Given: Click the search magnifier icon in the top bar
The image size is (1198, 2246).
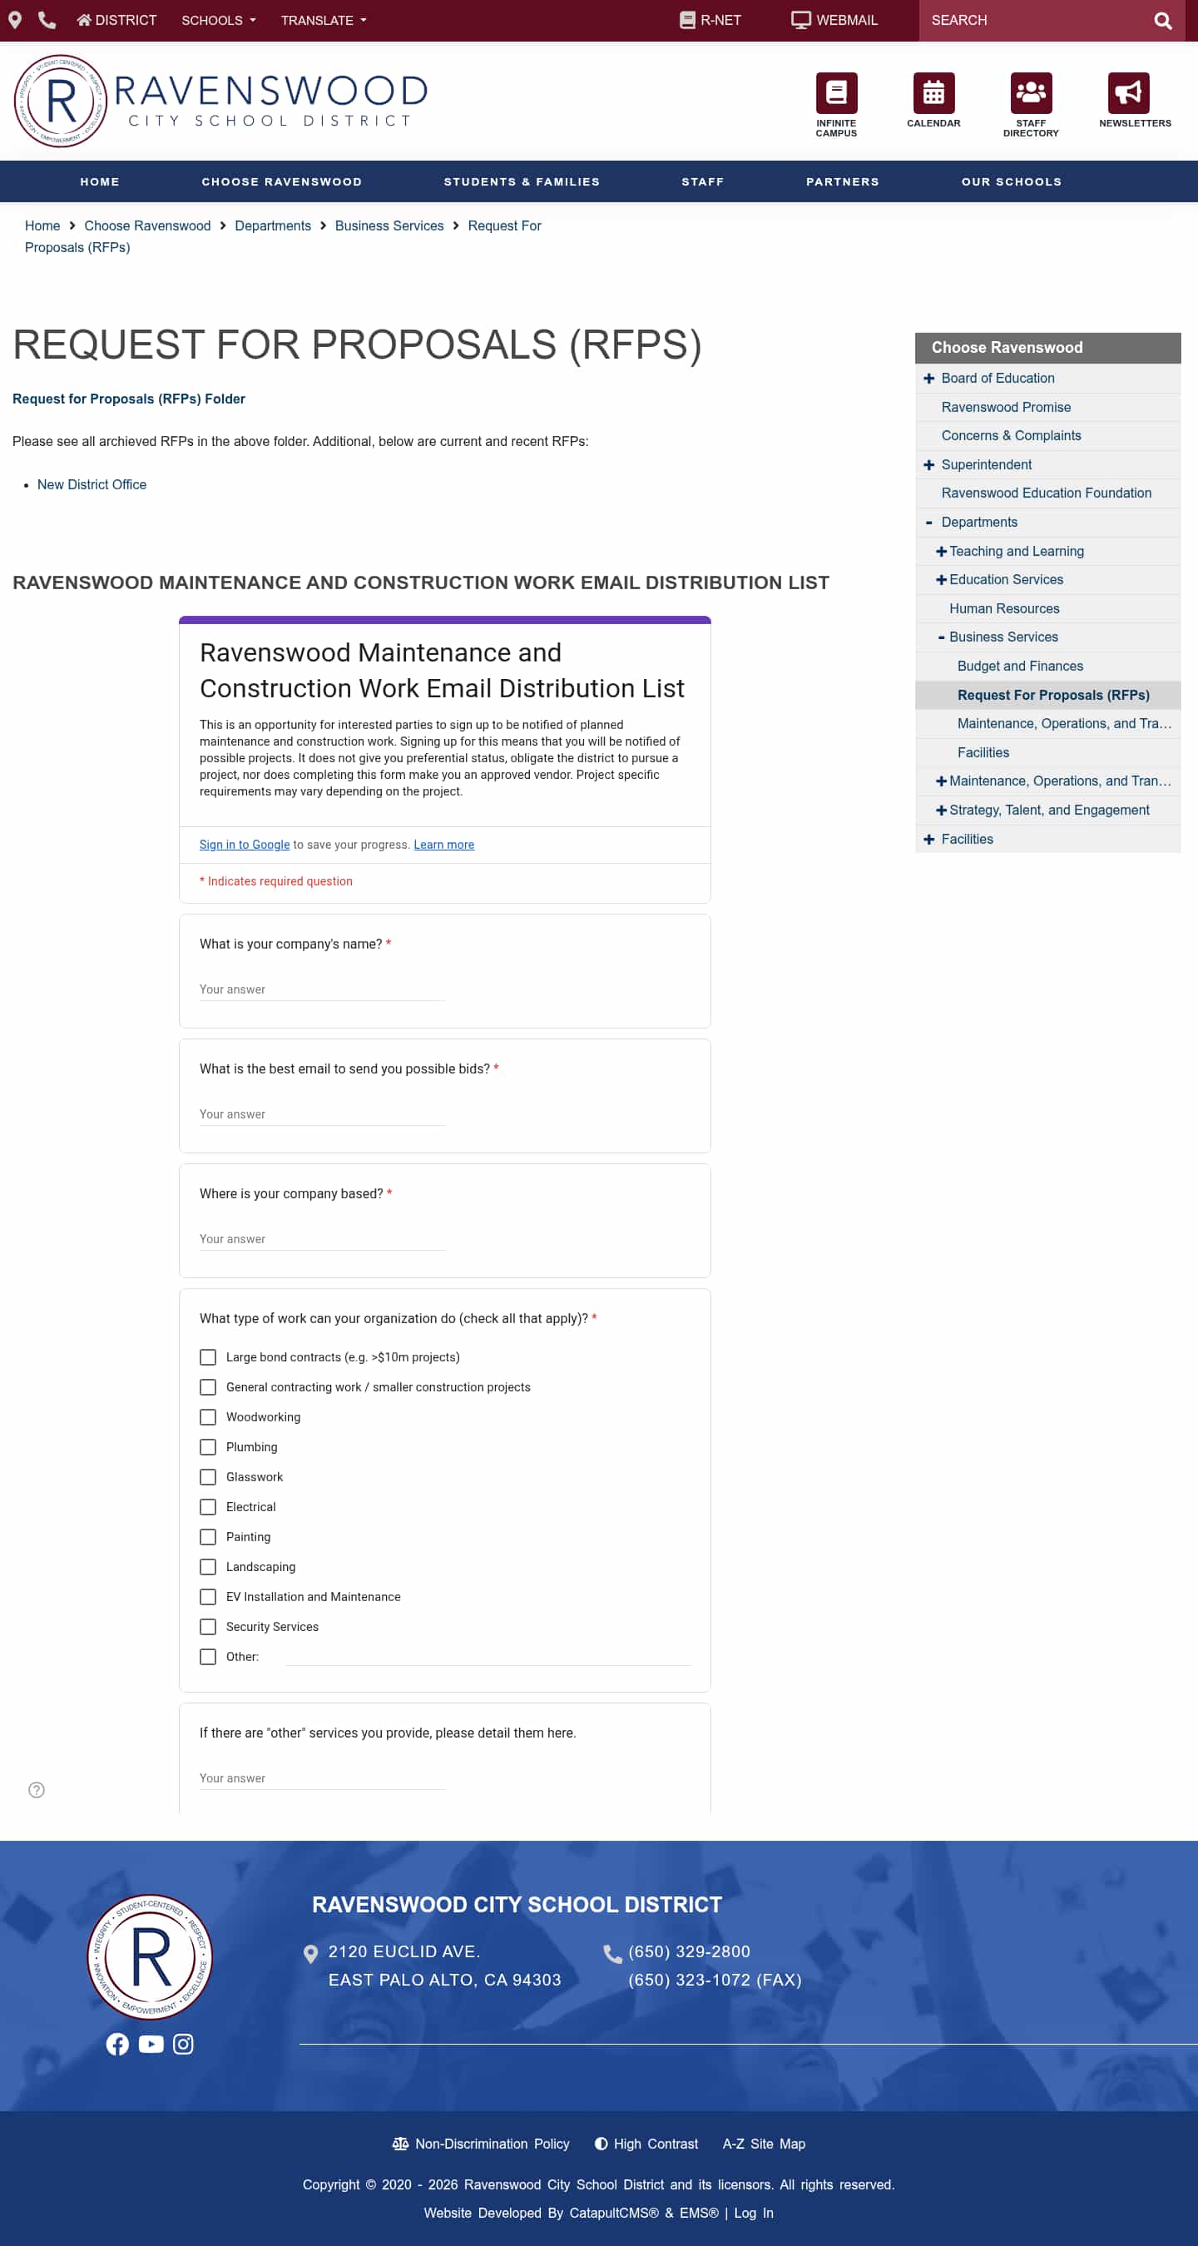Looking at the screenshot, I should tap(1162, 21).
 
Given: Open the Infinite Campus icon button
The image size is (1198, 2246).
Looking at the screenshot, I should tap(836, 93).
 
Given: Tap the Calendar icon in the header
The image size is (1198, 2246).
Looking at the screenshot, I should tap(933, 93).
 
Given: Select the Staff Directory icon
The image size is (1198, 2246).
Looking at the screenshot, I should tap(1031, 93).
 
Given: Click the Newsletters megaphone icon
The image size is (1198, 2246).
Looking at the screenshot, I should tap(1127, 93).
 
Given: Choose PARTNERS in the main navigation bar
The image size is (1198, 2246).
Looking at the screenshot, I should tap(842, 182).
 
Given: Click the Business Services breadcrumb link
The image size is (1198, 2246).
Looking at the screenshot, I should tap(389, 226).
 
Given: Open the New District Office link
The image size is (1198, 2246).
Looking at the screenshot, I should tap(92, 485).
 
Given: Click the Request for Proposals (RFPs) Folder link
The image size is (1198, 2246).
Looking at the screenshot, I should tap(128, 399).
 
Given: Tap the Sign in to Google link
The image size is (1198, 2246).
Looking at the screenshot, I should tap(244, 845).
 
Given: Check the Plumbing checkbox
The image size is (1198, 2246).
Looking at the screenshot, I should tap(207, 1447).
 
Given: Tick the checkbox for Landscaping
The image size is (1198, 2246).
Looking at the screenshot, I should tap(207, 1567).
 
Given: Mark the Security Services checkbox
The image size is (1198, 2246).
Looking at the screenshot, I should tap(207, 1627).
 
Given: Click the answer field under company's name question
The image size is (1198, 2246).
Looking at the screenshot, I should tap(322, 989).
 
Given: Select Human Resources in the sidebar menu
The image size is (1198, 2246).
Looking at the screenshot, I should tap(1003, 608).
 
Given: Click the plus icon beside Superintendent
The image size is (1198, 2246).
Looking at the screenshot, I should tap(928, 465).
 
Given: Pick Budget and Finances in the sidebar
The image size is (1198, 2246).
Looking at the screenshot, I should tap(1019, 666).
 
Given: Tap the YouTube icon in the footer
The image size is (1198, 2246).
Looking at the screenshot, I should tap(151, 2045).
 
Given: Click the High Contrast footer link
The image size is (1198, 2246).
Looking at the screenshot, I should tap(646, 2144).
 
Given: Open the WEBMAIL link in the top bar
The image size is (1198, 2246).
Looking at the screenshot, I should tap(834, 21).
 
